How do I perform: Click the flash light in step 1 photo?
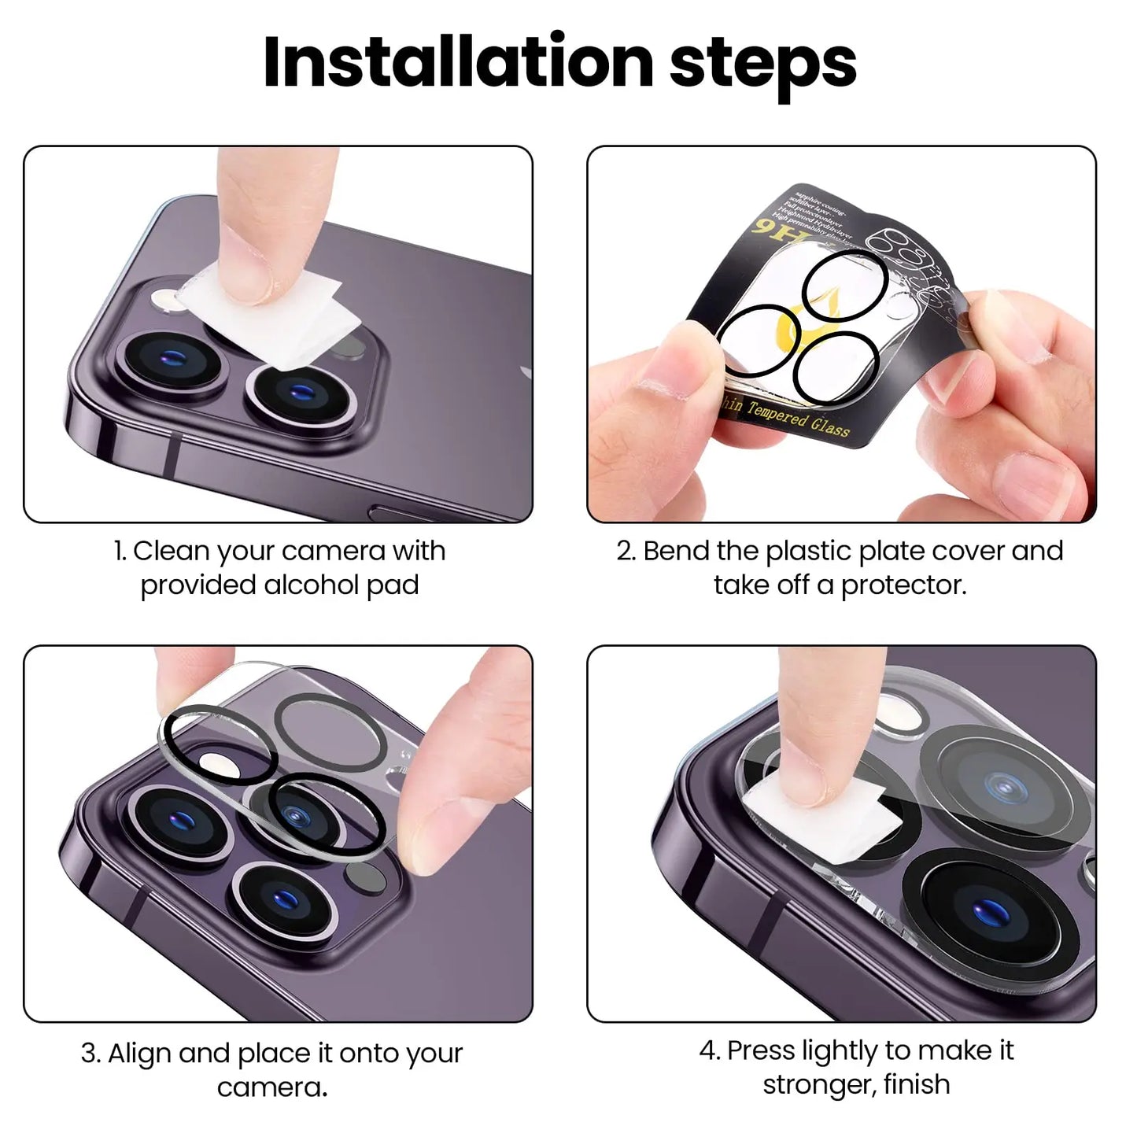(168, 300)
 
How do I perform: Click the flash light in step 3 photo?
(215, 762)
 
